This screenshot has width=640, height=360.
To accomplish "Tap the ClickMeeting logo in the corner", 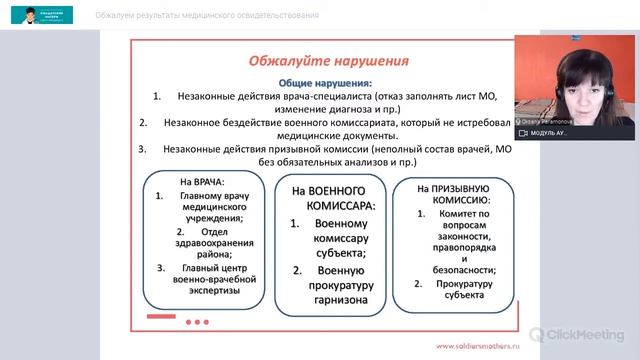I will tap(579, 335).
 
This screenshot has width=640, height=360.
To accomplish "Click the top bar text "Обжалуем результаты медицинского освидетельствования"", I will tap(207, 15).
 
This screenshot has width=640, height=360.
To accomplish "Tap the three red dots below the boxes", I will tap(198, 322).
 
